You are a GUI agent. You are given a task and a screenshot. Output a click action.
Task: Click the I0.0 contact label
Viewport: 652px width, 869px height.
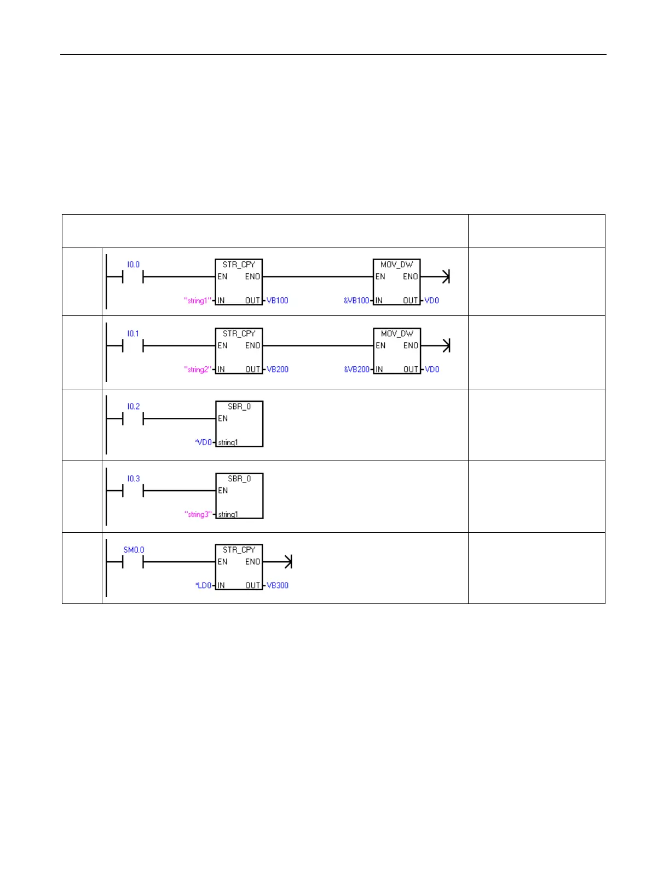tap(133, 264)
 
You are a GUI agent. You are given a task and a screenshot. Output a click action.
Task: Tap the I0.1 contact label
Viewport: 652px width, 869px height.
tap(133, 333)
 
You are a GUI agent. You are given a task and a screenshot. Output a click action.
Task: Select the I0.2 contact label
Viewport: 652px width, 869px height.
tap(133, 406)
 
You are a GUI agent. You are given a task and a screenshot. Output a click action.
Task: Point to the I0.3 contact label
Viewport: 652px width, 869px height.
tap(133, 479)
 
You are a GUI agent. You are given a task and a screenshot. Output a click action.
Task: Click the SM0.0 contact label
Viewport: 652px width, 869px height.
tap(134, 550)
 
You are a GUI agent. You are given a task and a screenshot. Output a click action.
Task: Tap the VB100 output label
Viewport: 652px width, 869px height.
tap(278, 301)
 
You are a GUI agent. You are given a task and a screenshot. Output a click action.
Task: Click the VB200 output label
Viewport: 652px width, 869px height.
tap(278, 370)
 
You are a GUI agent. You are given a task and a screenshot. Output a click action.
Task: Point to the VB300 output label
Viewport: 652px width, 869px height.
tap(278, 585)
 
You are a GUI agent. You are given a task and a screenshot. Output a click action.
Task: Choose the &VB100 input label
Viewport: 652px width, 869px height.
tap(356, 301)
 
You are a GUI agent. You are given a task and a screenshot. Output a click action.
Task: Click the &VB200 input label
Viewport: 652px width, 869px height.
tap(356, 370)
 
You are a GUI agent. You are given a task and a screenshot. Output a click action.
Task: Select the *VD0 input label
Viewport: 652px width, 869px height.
tap(203, 442)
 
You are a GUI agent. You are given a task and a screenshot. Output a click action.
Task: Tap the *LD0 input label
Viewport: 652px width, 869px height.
tap(203, 585)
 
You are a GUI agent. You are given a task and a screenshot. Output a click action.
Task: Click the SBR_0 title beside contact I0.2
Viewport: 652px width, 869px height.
tap(239, 407)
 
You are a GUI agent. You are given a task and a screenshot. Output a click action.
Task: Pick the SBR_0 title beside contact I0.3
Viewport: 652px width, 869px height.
tap(239, 479)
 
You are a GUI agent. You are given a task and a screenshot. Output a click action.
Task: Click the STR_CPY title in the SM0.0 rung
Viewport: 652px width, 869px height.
tap(239, 550)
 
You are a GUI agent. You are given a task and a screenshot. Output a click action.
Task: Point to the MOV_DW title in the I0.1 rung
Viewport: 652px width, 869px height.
tap(397, 333)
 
